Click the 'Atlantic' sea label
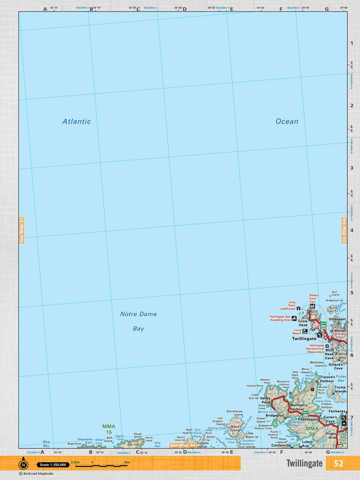(76, 121)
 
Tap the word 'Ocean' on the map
(287, 121)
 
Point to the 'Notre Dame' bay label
(138, 314)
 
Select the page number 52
(338, 464)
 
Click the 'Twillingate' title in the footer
(304, 464)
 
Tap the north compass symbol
(24, 465)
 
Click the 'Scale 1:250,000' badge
(52, 465)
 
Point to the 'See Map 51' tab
(21, 230)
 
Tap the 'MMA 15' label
(108, 429)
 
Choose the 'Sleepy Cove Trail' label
(313, 298)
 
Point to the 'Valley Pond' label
(265, 400)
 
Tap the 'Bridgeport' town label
(274, 400)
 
